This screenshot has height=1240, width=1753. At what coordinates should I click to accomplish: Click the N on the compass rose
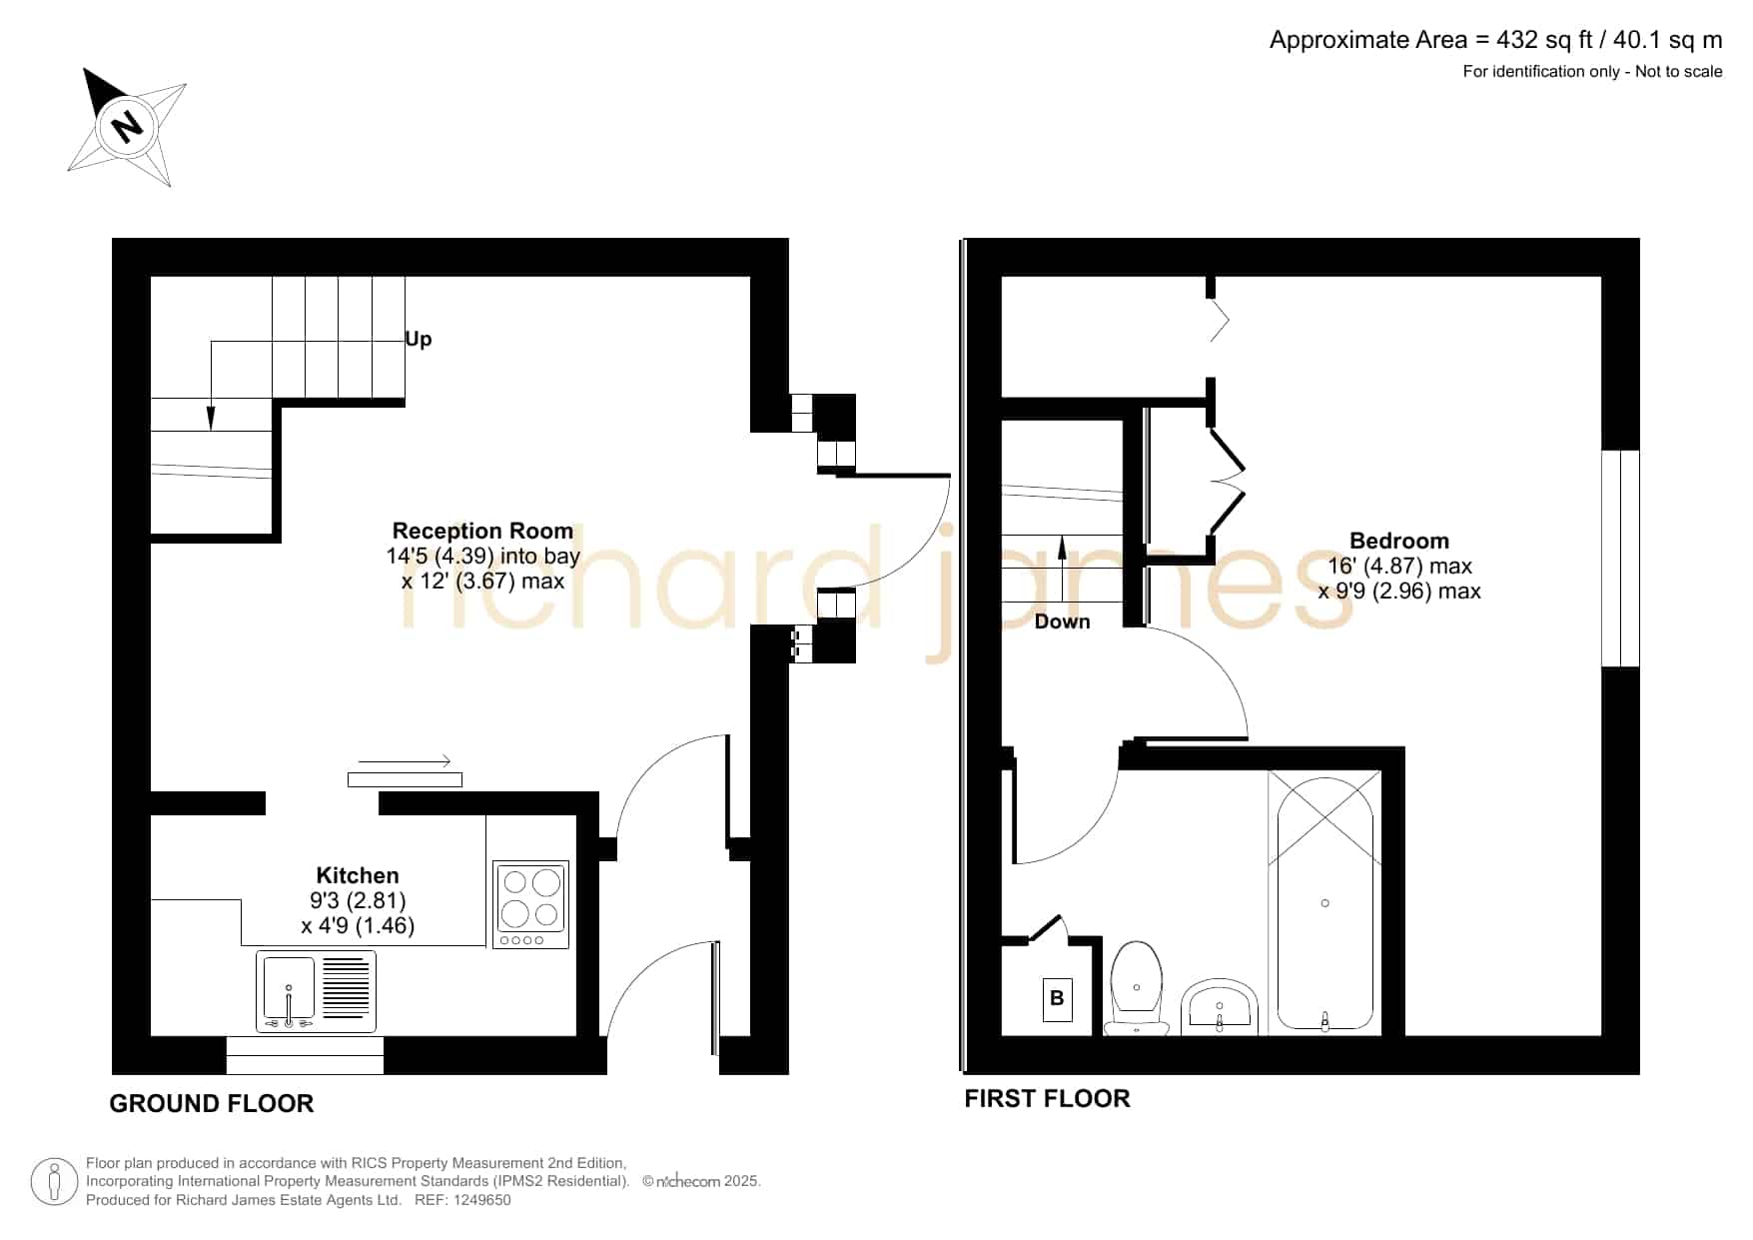(x=126, y=126)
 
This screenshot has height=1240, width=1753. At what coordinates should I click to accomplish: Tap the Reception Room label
(x=482, y=531)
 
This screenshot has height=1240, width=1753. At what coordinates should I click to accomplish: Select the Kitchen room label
(x=358, y=875)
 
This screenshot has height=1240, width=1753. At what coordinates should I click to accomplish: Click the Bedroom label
(x=1399, y=541)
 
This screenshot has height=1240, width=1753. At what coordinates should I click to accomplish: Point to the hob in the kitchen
(x=531, y=904)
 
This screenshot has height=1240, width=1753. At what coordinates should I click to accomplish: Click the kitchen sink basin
(x=289, y=990)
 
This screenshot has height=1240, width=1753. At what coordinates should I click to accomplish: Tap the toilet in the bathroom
(x=1137, y=988)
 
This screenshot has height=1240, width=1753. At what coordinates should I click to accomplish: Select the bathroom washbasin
(x=1219, y=1007)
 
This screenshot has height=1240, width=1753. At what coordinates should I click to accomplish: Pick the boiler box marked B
(x=1057, y=998)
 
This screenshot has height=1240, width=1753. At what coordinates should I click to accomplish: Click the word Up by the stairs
(x=419, y=340)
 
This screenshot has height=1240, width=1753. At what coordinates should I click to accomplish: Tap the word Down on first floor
(x=1062, y=621)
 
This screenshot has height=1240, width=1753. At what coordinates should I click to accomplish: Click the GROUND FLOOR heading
(x=212, y=1103)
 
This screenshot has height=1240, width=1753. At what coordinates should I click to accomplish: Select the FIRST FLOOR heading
(x=1047, y=1098)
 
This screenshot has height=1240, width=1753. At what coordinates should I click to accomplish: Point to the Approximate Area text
(x=1495, y=40)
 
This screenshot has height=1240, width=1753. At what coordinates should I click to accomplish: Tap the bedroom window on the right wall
(x=1620, y=559)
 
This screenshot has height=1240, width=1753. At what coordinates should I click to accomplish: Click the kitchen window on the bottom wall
(x=305, y=1055)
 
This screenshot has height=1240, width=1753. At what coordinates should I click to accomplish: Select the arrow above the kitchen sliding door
(x=404, y=761)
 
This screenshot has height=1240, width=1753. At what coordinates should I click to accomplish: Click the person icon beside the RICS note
(x=54, y=1182)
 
